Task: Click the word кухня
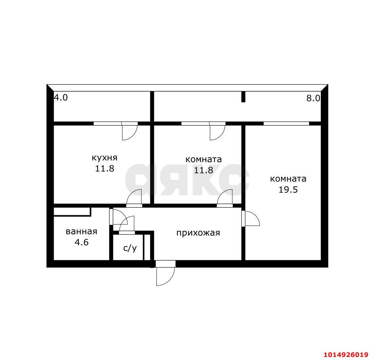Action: [104, 158]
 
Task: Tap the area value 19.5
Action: [288, 190]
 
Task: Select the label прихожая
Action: [198, 233]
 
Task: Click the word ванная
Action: [82, 231]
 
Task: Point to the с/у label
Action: [130, 248]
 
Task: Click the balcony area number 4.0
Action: [61, 98]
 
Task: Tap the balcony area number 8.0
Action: [313, 98]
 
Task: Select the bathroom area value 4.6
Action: [82, 242]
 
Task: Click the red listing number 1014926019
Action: [346, 354]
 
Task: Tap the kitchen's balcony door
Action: [129, 132]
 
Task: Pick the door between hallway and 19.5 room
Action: [251, 218]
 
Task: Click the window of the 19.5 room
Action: [286, 123]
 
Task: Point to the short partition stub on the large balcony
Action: [243, 97]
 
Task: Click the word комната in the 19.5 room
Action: [288, 179]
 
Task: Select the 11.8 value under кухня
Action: [104, 169]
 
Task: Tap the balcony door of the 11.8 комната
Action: [217, 132]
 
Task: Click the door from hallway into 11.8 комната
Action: [225, 198]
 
